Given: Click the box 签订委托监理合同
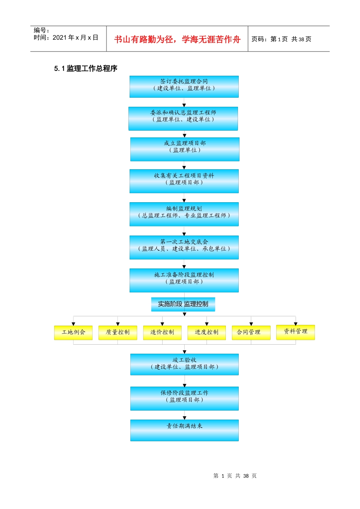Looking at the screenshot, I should (x=184, y=87).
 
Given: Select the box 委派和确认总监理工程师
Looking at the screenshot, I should (x=183, y=119).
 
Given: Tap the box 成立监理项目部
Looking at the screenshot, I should (x=185, y=149).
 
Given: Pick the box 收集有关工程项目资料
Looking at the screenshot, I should (x=184, y=181).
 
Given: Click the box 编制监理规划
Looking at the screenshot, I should (x=184, y=214).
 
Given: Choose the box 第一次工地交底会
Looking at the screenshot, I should (x=184, y=247).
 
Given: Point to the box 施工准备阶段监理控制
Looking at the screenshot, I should (x=184, y=280).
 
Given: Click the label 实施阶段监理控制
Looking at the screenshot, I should (x=183, y=304).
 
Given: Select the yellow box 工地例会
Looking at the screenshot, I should (x=73, y=333).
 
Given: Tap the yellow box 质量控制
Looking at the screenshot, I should (x=117, y=333).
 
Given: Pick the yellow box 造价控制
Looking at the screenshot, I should (x=162, y=333).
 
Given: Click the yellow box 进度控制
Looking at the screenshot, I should (x=207, y=333).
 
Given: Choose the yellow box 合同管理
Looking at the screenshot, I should (x=251, y=333).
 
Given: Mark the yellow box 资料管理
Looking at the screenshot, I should (x=295, y=332).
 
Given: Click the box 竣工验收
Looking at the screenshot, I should (x=184, y=364).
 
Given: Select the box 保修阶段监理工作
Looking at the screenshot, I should (x=184, y=398).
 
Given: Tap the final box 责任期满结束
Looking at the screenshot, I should (x=184, y=430).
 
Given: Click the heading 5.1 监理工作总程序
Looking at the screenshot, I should (x=86, y=69).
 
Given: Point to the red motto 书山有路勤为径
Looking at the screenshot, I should (x=144, y=39).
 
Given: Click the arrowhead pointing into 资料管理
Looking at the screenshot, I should (x=296, y=323).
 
